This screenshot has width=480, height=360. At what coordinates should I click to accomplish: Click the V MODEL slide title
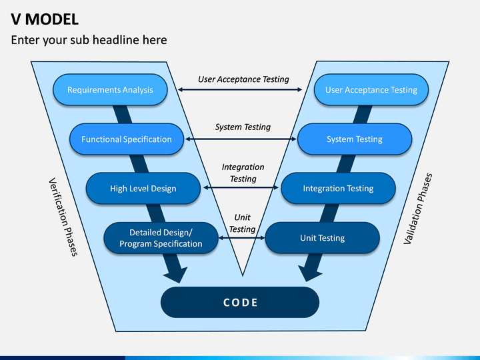pyautogui.click(x=45, y=19)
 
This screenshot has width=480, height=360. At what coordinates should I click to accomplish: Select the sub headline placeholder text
pyautogui.click(x=89, y=40)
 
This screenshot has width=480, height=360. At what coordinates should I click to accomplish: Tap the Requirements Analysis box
pyautogui.click(x=110, y=90)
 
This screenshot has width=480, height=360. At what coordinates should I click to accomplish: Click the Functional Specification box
pyautogui.click(x=127, y=139)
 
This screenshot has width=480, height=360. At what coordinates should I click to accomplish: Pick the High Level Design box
pyautogui.click(x=143, y=189)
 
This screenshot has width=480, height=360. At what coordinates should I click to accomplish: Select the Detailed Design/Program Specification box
pyautogui.click(x=161, y=238)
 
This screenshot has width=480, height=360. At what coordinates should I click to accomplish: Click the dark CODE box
pyautogui.click(x=240, y=303)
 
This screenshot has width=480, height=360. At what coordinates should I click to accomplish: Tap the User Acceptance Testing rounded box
pyautogui.click(x=371, y=90)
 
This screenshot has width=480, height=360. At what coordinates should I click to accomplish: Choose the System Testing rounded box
pyautogui.click(x=355, y=139)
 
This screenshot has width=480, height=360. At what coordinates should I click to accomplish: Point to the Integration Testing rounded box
pyautogui.click(x=338, y=189)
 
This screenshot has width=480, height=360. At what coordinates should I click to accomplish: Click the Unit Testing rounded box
pyautogui.click(x=323, y=238)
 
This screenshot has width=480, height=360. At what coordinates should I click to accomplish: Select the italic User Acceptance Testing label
pyautogui.click(x=243, y=79)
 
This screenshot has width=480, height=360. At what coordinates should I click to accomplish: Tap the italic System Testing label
pyautogui.click(x=243, y=127)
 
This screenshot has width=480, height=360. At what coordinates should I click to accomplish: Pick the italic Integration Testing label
pyautogui.click(x=243, y=173)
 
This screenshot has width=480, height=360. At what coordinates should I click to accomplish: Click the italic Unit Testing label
pyautogui.click(x=243, y=223)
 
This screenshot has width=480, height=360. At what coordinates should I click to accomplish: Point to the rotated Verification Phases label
pyautogui.click(x=63, y=217)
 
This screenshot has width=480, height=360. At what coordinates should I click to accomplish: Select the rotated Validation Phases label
pyautogui.click(x=418, y=209)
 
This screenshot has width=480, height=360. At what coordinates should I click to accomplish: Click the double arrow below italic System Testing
pyautogui.click(x=241, y=139)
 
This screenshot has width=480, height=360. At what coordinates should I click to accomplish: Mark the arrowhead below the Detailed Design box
pyautogui.click(x=176, y=274)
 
